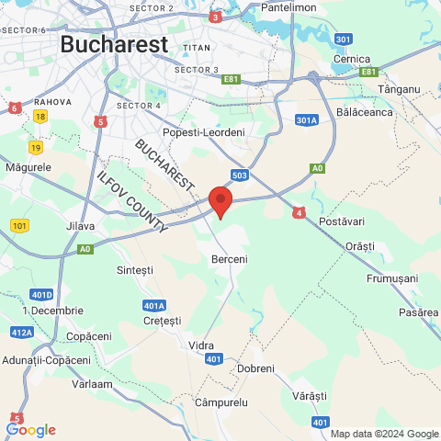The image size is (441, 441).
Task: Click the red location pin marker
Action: (220, 201)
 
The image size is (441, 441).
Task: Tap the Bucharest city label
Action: (114, 43)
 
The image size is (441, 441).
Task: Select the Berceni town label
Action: (228, 260)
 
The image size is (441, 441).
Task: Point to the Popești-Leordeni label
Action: (204, 133)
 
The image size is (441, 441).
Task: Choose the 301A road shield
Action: (307, 119)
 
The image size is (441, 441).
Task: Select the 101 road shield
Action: (20, 225)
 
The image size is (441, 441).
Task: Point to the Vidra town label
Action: (200, 344)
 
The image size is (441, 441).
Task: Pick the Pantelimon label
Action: (289, 7)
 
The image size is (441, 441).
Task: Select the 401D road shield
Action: (40, 294)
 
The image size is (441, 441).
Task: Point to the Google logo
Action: (30, 429)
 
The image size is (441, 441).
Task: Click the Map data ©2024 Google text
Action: (385, 434)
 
